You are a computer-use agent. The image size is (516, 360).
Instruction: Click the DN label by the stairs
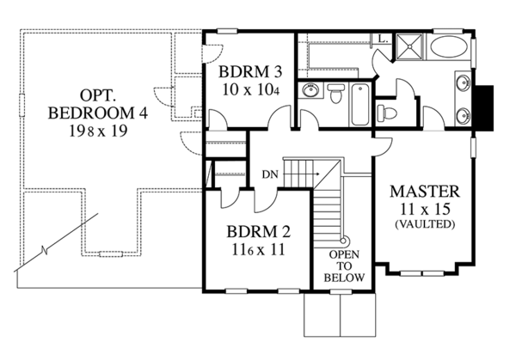269,174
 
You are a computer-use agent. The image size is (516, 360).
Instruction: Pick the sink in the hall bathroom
310,93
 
